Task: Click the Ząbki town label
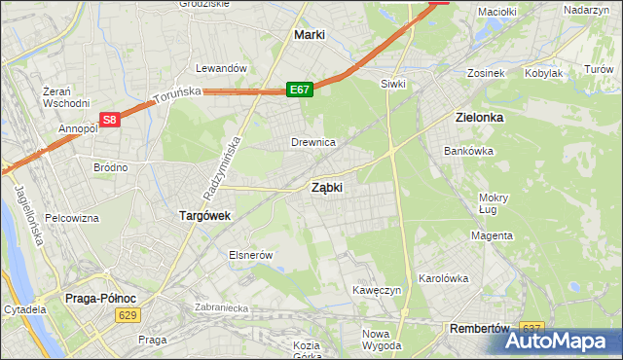[x=326, y=188]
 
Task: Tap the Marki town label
[x=309, y=35]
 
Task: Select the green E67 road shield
[x=300, y=90]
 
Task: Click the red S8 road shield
[x=110, y=121]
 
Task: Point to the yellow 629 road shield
[x=127, y=314]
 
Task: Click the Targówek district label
[x=203, y=216]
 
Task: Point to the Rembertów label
[x=480, y=329]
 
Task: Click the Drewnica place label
[x=313, y=142]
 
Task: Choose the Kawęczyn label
[x=378, y=291]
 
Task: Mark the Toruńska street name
[x=176, y=94]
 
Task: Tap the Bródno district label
[x=110, y=167]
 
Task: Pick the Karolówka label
[x=443, y=277]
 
